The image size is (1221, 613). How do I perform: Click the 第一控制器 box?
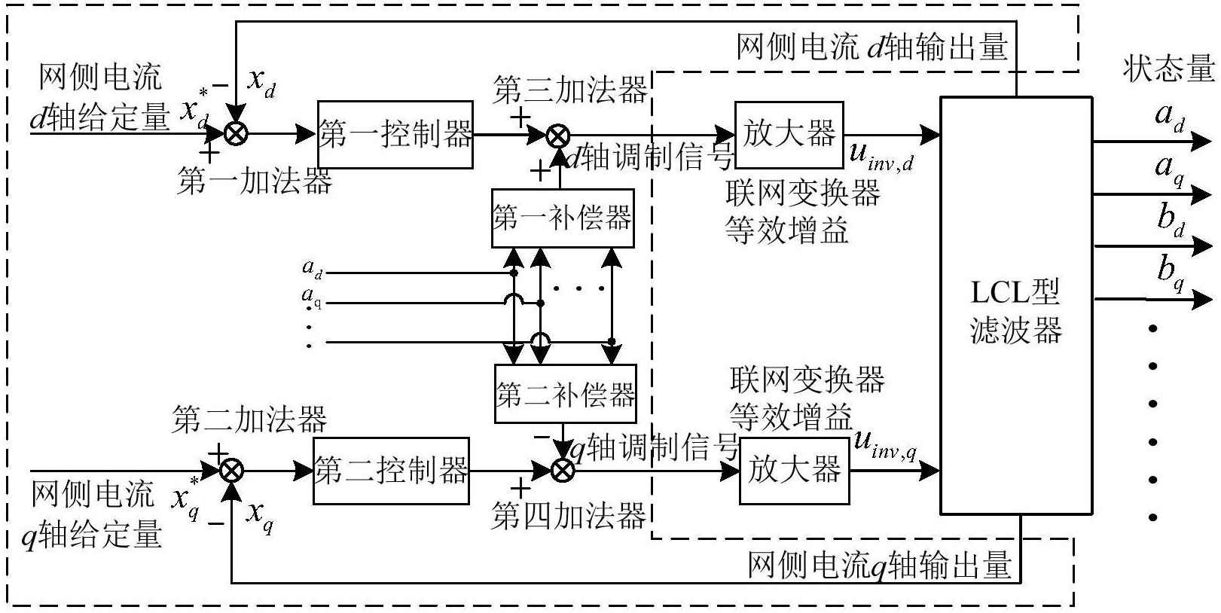pyautogui.click(x=395, y=135)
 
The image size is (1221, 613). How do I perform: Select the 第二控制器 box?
pyautogui.click(x=391, y=471)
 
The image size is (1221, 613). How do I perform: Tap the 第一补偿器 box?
pyautogui.click(x=562, y=218)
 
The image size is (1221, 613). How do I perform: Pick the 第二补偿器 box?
pyautogui.click(x=565, y=394)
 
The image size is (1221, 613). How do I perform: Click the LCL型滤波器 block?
pyautogui.click(x=1016, y=306)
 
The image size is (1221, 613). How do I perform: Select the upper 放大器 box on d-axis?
pyautogui.click(x=789, y=135)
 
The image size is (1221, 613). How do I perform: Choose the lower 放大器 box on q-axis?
pyautogui.click(x=794, y=471)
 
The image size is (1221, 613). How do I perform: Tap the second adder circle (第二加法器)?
pyautogui.click(x=232, y=471)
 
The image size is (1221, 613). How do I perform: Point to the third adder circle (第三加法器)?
pyautogui.click(x=557, y=136)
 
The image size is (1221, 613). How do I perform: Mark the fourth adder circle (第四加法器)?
pyautogui.click(x=563, y=471)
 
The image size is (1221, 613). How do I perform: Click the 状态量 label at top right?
pyautogui.click(x=1168, y=69)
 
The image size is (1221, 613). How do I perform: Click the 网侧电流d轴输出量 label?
pyautogui.click(x=871, y=48)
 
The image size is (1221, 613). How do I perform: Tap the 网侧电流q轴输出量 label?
pyautogui.click(x=879, y=566)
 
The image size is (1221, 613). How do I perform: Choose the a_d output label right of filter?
pyautogui.click(x=1169, y=117)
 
